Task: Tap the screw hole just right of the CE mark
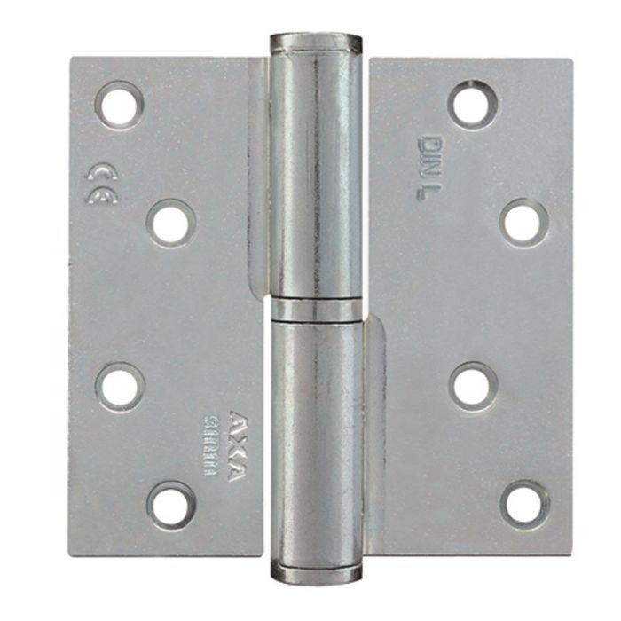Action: (x=169, y=222)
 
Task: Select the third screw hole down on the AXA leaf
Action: (x=121, y=386)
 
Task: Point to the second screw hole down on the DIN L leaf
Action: (x=523, y=222)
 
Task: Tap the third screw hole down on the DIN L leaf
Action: (x=472, y=386)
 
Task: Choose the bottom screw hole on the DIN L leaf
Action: (x=524, y=503)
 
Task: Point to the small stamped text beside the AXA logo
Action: (x=214, y=448)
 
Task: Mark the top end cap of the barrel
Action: (x=315, y=43)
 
